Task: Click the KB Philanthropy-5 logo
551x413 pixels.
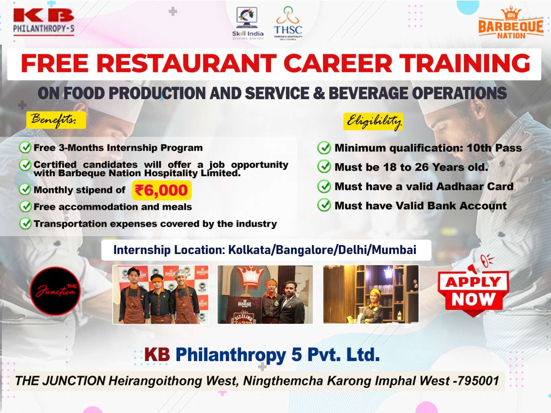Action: point(44,21)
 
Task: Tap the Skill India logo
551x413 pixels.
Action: point(248,22)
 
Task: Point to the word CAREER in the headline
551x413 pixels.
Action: point(337,64)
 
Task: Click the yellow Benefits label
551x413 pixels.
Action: point(56,120)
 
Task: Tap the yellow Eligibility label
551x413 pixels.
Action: point(373,121)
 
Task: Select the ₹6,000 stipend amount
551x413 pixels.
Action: point(162,190)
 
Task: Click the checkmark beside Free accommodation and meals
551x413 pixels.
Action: point(25,206)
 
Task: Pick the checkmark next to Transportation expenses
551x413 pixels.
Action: point(25,224)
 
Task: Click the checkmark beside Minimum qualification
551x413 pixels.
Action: point(324,148)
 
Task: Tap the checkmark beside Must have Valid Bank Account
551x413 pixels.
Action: point(324,205)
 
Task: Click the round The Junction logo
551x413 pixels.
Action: point(55,291)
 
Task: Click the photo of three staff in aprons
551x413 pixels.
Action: point(160,295)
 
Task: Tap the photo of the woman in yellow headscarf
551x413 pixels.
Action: point(371,295)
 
